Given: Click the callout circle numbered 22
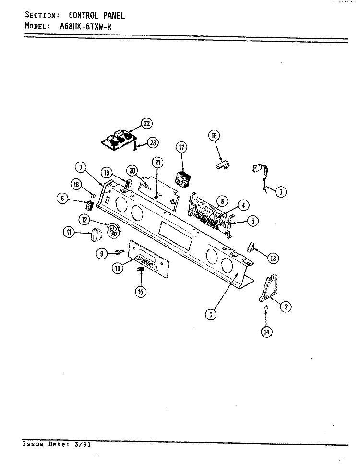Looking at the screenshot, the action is point(147,123).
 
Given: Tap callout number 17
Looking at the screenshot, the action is point(181,148).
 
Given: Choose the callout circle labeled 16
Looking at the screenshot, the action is point(214,136).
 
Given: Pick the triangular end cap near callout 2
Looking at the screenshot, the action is point(268,287).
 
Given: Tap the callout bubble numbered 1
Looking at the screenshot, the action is point(211,315).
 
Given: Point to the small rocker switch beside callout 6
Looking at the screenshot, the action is point(89,206).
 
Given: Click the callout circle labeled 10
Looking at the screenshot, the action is point(118,268).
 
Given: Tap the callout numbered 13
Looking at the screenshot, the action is point(273,259).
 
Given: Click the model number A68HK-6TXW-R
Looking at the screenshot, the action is point(85,26).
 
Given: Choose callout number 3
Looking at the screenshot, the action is point(81,167).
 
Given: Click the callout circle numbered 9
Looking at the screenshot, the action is point(102,254).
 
